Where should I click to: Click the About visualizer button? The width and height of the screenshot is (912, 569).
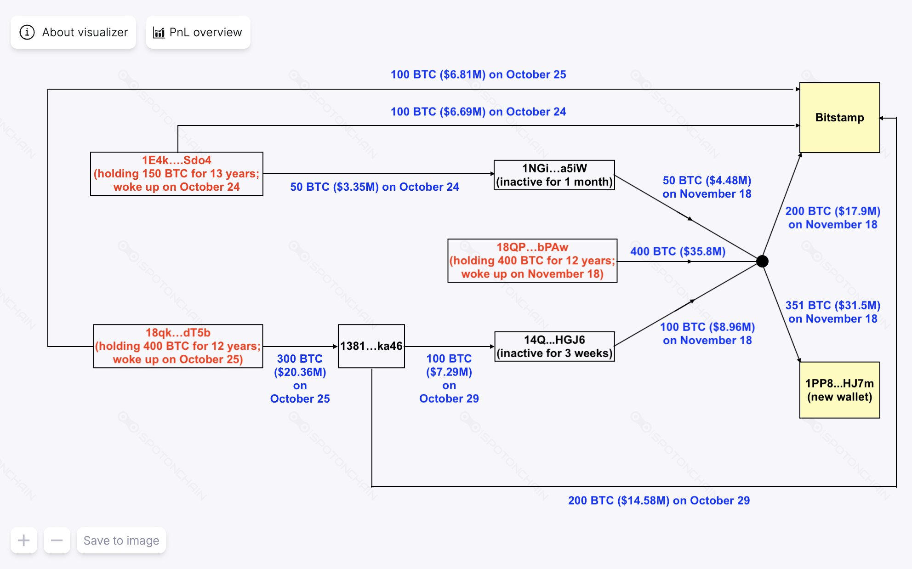point(74,32)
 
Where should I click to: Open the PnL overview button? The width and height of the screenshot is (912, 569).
point(198,32)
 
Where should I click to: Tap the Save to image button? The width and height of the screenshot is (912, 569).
point(121,541)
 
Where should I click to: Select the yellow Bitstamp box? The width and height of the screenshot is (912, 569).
point(839,118)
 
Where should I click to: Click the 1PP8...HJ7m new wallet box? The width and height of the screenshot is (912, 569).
point(839,390)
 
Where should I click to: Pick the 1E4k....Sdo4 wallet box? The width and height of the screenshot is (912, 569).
point(177,174)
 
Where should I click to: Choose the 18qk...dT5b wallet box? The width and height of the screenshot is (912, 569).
point(178,346)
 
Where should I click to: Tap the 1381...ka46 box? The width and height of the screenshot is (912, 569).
point(371,346)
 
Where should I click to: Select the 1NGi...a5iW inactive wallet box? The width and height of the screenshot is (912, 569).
point(554,175)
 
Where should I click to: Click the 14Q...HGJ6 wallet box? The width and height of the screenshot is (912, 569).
point(554,347)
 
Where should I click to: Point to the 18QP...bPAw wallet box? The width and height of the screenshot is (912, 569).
point(532,261)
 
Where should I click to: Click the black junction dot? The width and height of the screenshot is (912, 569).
point(762,261)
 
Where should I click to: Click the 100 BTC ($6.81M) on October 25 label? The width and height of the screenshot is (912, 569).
point(478,74)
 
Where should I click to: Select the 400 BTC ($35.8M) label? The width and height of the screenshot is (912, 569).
point(678,251)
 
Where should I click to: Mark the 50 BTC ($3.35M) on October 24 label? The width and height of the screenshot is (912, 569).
point(374,187)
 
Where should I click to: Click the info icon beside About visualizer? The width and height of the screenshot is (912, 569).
point(27,32)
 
